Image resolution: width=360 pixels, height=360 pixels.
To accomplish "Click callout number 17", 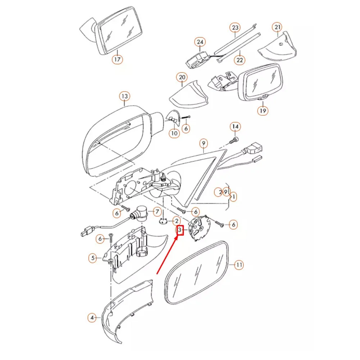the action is click(x=117, y=59).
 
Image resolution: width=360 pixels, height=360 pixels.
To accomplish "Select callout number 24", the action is click(x=200, y=42).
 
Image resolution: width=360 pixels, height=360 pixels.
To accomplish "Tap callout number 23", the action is click(x=235, y=28).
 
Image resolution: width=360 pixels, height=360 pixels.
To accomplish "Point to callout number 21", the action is click(x=277, y=27).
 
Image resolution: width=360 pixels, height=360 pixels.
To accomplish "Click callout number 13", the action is click(x=125, y=96).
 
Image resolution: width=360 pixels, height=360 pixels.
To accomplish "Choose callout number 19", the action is click(x=263, y=111).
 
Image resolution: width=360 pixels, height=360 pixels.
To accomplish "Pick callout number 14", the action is click(x=235, y=127).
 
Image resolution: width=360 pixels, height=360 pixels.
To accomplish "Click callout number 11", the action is click(x=239, y=265).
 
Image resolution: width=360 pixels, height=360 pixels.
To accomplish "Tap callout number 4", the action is click(x=92, y=318).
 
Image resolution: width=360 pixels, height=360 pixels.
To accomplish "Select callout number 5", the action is click(x=92, y=258).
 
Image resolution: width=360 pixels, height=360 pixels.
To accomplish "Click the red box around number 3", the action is click(x=180, y=230).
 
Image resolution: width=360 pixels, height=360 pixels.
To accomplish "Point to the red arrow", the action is click(x=167, y=255).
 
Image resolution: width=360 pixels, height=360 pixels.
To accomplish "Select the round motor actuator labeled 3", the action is click(x=199, y=228).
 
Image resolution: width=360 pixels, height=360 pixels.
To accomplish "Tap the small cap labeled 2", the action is click(x=163, y=222).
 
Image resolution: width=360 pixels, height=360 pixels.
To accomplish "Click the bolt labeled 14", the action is click(x=234, y=141).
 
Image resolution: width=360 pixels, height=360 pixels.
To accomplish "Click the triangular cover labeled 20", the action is click(x=189, y=95).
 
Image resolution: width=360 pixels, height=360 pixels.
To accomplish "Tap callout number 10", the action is click(x=174, y=133).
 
